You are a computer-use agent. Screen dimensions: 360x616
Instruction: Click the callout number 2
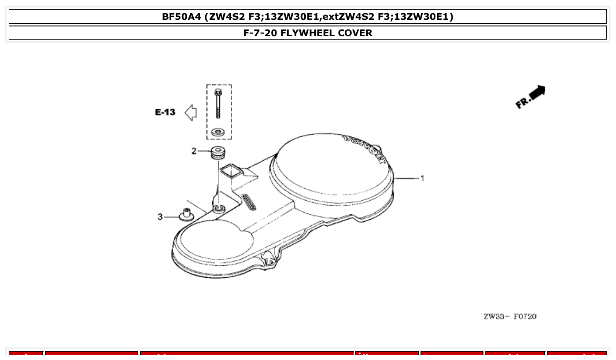click(194, 151)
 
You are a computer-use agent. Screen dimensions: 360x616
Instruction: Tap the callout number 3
click(160, 217)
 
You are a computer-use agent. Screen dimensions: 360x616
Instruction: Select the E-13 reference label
click(165, 113)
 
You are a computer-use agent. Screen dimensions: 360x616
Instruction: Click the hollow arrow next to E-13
click(190, 113)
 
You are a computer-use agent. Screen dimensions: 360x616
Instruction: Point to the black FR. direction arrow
click(536, 93)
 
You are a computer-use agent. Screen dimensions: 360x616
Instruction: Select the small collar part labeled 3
click(187, 215)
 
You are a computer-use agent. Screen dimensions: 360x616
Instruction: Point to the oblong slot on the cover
click(250, 202)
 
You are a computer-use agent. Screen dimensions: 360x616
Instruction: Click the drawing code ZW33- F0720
click(510, 316)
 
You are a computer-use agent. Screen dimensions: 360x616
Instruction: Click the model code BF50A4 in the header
click(182, 17)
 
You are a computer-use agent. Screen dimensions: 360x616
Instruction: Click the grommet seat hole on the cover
click(219, 207)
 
